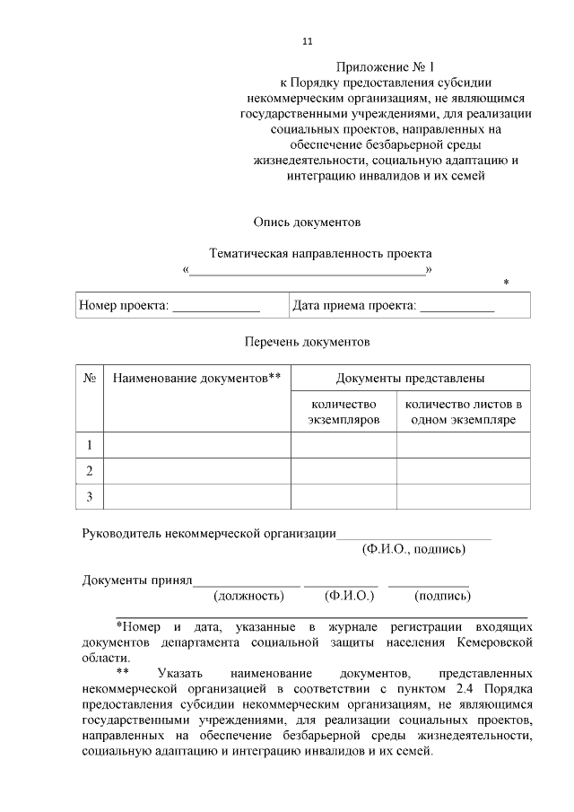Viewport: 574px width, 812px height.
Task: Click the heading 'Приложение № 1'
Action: [386, 67]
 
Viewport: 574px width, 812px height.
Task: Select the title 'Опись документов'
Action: [306, 220]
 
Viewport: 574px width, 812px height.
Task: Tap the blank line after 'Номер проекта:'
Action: [215, 307]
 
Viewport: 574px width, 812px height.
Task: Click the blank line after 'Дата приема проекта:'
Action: [457, 307]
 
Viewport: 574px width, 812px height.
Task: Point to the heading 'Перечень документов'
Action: [307, 342]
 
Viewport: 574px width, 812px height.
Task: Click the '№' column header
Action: [90, 379]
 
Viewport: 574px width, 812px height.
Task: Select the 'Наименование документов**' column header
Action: [196, 379]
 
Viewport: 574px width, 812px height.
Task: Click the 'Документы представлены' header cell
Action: [411, 379]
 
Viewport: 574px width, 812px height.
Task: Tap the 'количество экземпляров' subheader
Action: [344, 412]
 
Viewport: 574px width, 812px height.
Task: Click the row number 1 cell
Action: [90, 445]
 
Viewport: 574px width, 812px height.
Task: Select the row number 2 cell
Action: [90, 471]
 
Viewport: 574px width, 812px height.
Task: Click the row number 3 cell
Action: [90, 496]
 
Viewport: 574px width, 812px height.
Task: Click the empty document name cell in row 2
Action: [197, 471]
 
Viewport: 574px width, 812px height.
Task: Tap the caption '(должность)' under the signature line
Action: [248, 596]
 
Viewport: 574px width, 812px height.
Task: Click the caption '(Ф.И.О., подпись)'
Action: [413, 548]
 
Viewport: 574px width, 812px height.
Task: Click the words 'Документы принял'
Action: [137, 580]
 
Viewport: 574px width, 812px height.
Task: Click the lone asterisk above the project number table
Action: [506, 284]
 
